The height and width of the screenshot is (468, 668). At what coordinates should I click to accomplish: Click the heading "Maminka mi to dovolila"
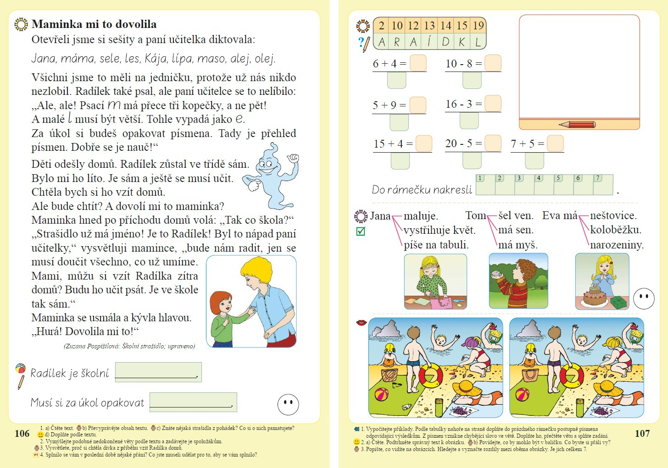coord(94,24)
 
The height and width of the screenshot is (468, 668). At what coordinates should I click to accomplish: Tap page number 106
coord(22,434)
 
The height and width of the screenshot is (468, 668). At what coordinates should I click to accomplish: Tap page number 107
coord(642,434)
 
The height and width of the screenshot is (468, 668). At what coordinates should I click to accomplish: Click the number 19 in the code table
coord(478,26)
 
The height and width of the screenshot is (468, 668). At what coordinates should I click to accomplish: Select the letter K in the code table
coord(462,42)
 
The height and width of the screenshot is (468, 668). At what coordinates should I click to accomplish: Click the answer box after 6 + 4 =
coord(418,63)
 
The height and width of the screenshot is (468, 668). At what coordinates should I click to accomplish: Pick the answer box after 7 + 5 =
coord(555,143)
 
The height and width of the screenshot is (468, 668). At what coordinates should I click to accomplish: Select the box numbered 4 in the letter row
coord(544,184)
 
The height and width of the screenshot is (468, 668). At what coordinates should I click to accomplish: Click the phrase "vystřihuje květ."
coord(439,230)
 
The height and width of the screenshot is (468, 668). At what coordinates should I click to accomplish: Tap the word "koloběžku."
coord(616,230)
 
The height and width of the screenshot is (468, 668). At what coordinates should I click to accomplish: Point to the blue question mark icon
coord(361,43)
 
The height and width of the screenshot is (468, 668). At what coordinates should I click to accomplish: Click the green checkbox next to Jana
coord(361,231)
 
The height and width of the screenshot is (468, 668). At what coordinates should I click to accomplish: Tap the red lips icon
coord(362,323)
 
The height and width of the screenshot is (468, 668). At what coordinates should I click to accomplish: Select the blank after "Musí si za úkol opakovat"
coord(193,402)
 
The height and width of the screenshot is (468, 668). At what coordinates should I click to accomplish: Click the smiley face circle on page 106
coord(288,404)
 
